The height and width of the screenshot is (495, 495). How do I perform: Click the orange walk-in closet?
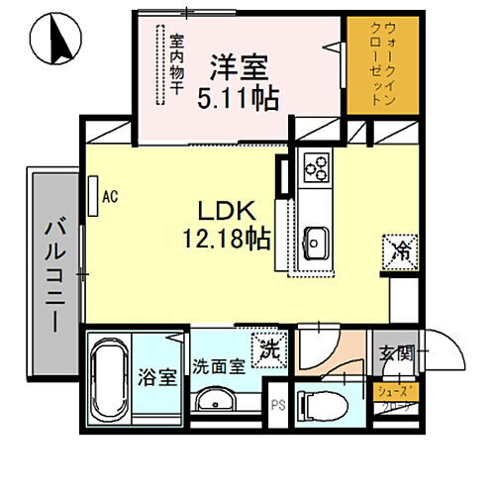pyautogui.click(x=374, y=64)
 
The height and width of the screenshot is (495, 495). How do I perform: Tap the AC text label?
pyautogui.click(x=111, y=196)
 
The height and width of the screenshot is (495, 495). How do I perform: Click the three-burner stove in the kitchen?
pyautogui.click(x=318, y=169)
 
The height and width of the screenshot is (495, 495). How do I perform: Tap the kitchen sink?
pyautogui.click(x=317, y=241)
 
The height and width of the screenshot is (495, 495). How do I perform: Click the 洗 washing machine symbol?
pyautogui.click(x=268, y=347)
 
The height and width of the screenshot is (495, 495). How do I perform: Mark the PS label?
pyautogui.click(x=278, y=405)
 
